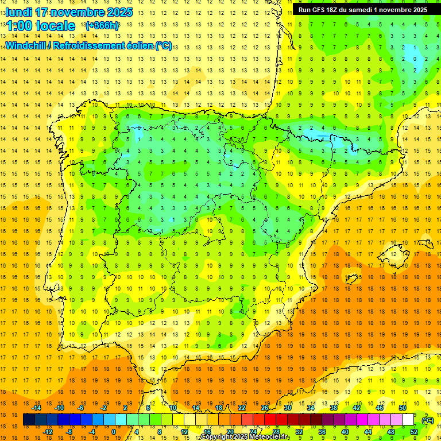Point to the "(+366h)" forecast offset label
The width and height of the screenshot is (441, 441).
(x=102, y=26)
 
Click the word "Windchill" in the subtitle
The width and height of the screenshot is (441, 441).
(x=28, y=45)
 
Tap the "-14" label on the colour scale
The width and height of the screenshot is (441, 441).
(x=36, y=408)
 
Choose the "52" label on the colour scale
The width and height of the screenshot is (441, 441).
(x=414, y=432)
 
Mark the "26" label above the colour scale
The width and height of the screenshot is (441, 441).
(x=265, y=408)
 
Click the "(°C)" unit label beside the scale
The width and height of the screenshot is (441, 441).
(x=428, y=420)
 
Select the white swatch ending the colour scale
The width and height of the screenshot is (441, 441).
(x=408, y=420)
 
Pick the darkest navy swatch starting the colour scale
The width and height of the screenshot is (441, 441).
(x=29, y=420)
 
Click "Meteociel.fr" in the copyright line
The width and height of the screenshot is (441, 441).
(x=269, y=437)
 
